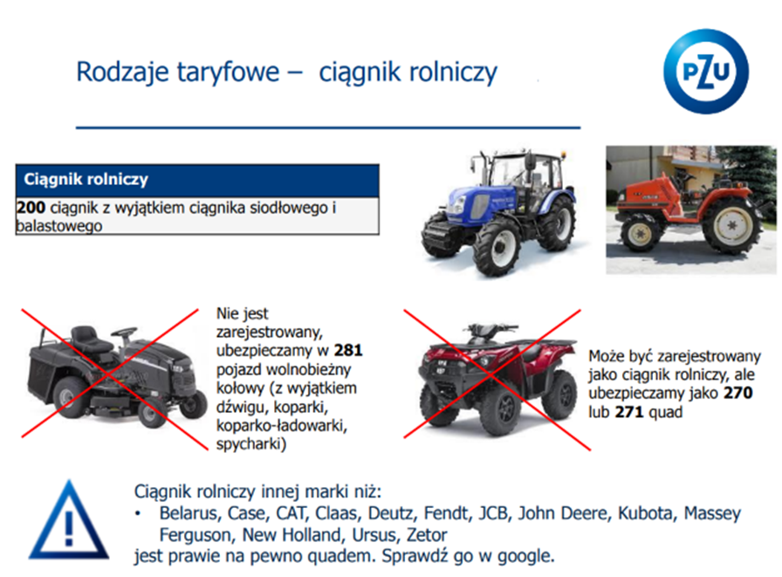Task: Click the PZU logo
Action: click(706, 72)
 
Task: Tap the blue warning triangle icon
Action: click(69, 520)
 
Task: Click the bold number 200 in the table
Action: click(31, 208)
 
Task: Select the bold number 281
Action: click(348, 350)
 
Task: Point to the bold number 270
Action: click(738, 393)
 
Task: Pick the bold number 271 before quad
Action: click(629, 412)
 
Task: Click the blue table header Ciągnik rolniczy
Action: click(197, 180)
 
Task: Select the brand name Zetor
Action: click(427, 535)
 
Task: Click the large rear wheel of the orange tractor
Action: click(730, 226)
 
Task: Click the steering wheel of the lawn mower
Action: click(124, 331)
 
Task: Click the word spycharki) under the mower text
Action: click(251, 443)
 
